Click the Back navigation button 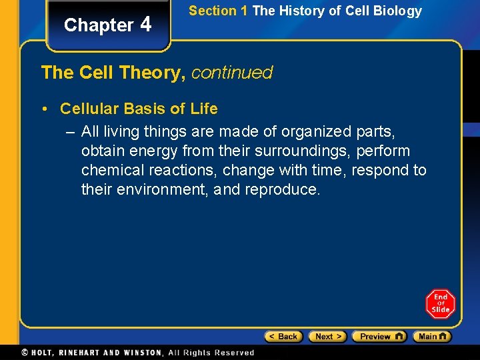tap(283, 337)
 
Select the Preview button tap(379, 337)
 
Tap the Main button tap(431, 337)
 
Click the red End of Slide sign tap(440, 304)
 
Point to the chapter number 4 tap(146, 24)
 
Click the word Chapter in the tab tap(99, 25)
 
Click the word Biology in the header tap(399, 11)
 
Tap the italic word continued tap(232, 72)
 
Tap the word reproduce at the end tap(283, 189)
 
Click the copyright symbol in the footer tap(25, 353)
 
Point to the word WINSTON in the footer tap(142, 353)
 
